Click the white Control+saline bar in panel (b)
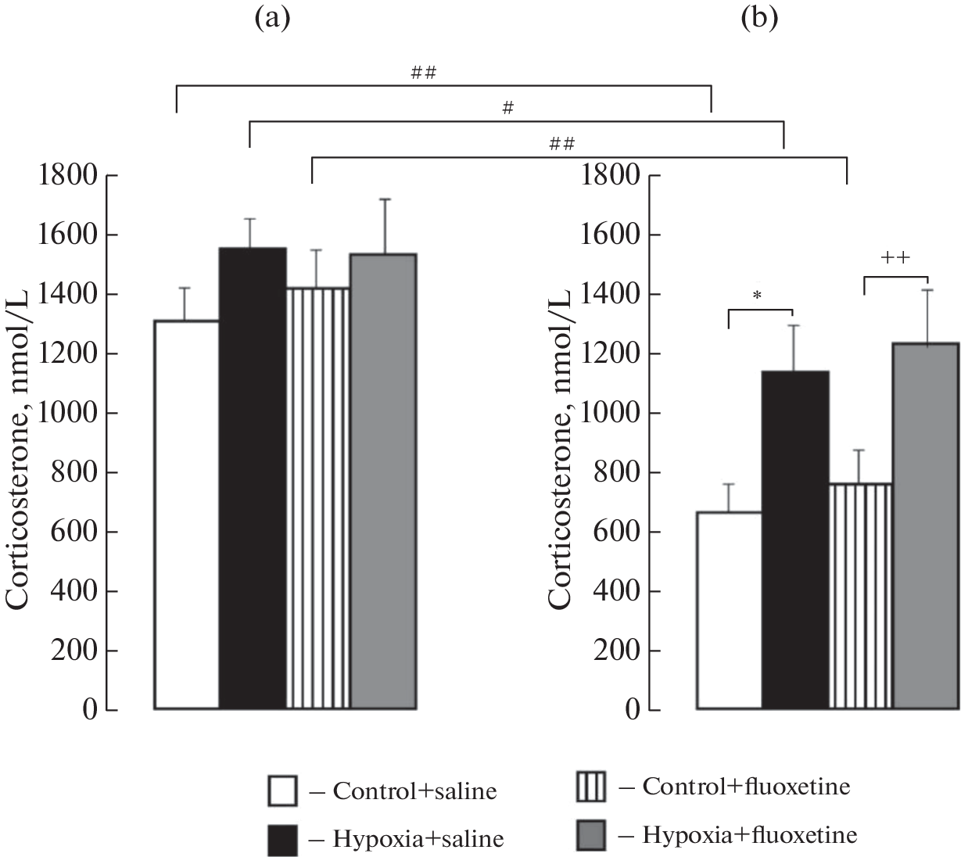click(x=729, y=611)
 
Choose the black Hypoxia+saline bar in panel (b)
click(x=795, y=540)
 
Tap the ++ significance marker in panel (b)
click(x=895, y=259)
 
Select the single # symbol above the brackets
click(x=507, y=109)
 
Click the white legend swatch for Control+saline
click(x=282, y=791)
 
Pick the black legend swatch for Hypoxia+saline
click(x=282, y=840)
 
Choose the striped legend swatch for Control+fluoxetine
click(x=591, y=787)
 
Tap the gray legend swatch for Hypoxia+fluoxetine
click(x=591, y=835)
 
